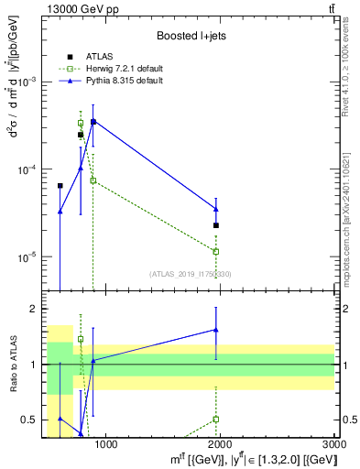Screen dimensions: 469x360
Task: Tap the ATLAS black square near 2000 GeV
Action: pyautogui.click(x=216, y=225)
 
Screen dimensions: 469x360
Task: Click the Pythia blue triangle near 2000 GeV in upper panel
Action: pyautogui.click(x=216, y=210)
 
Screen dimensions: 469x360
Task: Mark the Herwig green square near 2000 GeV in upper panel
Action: pyautogui.click(x=216, y=251)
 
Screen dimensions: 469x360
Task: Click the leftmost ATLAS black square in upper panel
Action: pyautogui.click(x=60, y=186)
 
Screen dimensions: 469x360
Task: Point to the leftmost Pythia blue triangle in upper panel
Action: pyautogui.click(x=60, y=212)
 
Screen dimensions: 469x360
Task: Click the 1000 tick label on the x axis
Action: pyautogui.click(x=105, y=445)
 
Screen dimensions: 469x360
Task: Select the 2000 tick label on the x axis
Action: pyautogui.click(x=220, y=445)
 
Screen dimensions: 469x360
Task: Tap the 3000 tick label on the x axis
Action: pyautogui.click(x=333, y=445)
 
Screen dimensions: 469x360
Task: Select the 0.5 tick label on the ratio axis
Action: pyautogui.click(x=33, y=420)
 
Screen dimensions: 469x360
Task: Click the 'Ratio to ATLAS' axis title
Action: pyautogui.click(x=12, y=365)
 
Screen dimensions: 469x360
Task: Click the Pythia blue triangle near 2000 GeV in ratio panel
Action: pyautogui.click(x=216, y=330)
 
